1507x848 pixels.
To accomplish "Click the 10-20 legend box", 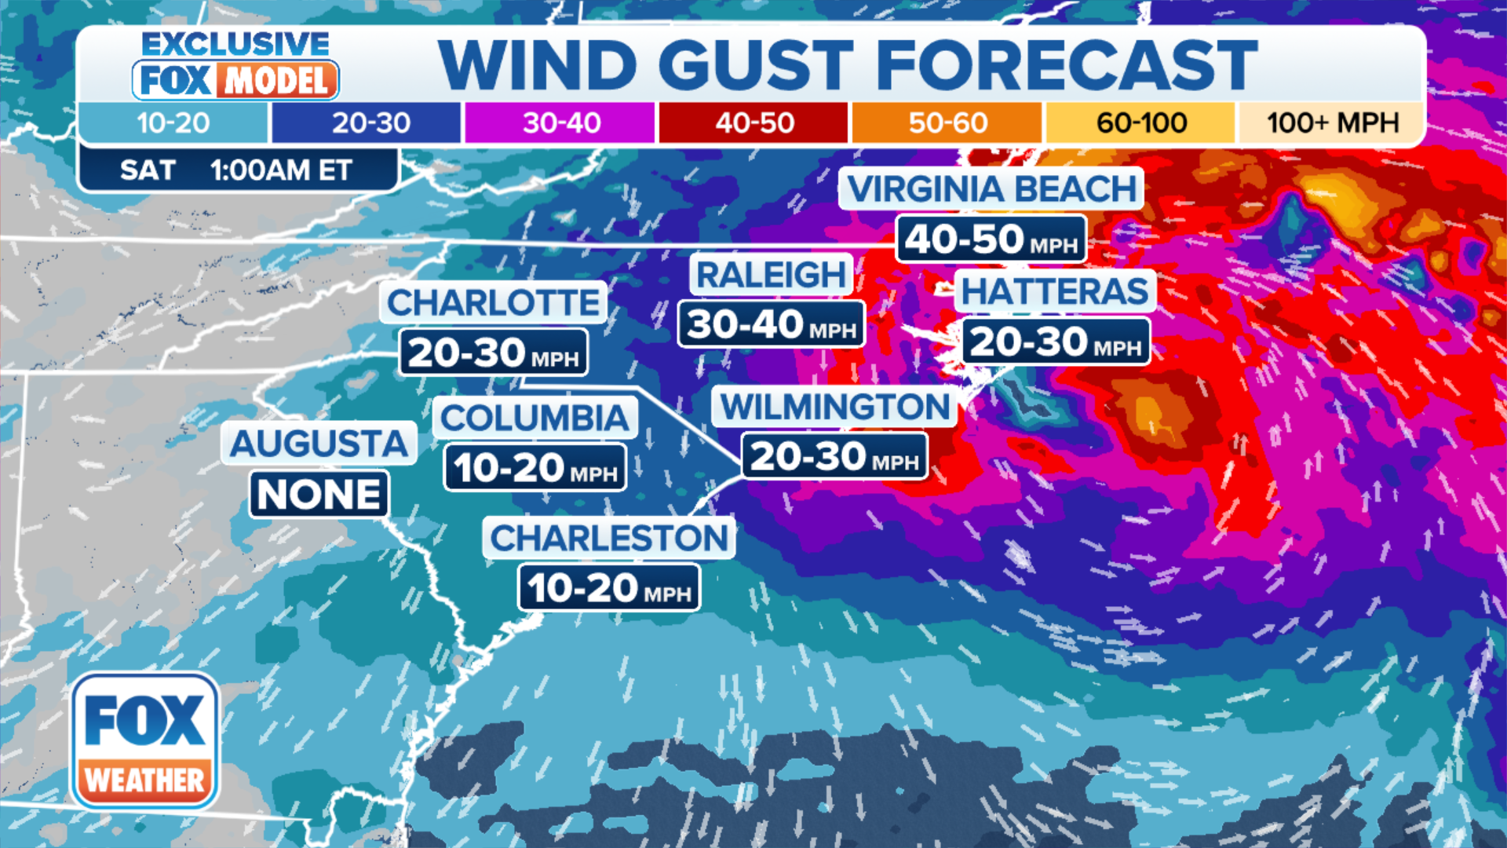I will click(173, 123).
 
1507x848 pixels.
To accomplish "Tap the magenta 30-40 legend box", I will click(560, 123).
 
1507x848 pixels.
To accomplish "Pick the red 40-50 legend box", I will click(753, 123).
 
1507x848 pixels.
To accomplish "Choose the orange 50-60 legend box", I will click(947, 123).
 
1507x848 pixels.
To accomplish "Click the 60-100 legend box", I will click(1140, 123).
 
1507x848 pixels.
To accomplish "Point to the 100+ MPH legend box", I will click(1332, 123).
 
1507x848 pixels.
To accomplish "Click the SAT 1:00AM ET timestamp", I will click(237, 170).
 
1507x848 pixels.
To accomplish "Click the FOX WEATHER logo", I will click(145, 741).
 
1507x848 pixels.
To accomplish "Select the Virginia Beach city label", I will click(991, 189).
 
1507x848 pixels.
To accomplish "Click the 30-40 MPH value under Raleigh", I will click(771, 324).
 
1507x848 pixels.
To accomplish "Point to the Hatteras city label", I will click(1054, 291).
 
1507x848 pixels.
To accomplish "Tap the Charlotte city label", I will click(493, 302).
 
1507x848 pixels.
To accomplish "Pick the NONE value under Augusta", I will click(319, 495).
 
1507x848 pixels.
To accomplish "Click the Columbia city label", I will click(535, 418).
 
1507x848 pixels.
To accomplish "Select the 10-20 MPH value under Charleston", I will click(608, 588).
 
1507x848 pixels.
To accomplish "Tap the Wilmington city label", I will click(834, 407).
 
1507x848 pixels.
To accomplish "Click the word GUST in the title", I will click(755, 64).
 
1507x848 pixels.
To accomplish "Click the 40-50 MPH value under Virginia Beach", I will click(991, 239).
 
